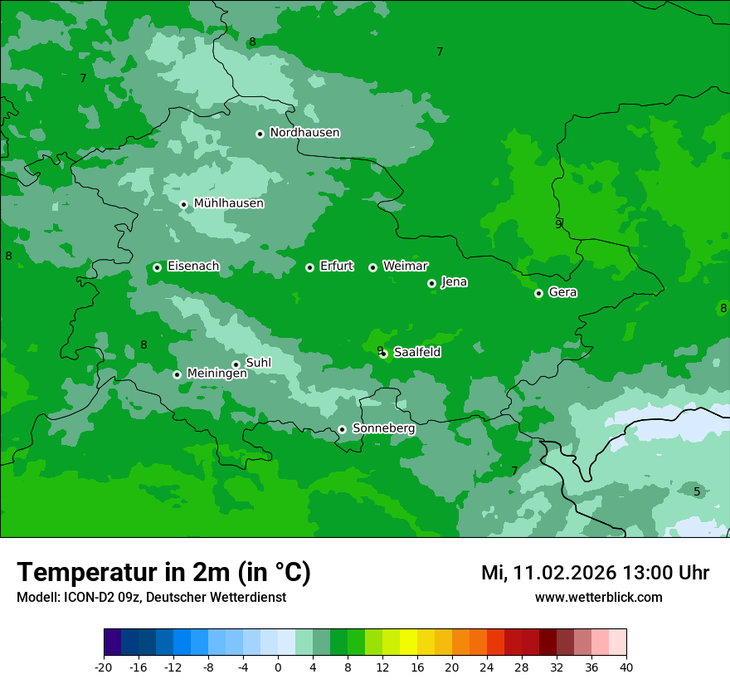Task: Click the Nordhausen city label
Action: click(x=304, y=133)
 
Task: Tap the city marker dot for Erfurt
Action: click(x=309, y=267)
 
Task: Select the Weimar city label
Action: click(x=405, y=266)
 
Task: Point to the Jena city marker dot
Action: click(x=431, y=283)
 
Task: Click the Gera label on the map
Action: click(x=562, y=292)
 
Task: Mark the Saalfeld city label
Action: click(x=416, y=353)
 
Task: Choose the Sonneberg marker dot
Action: click(x=342, y=429)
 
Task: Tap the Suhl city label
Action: click(x=259, y=364)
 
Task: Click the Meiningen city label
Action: click(x=217, y=374)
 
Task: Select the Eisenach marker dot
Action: click(x=157, y=267)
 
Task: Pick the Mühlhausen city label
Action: click(x=228, y=203)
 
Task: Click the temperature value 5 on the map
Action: click(x=697, y=491)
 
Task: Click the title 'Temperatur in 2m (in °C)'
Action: click(x=163, y=573)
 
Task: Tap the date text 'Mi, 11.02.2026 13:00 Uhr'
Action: click(x=595, y=573)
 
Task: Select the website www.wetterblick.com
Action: click(x=598, y=598)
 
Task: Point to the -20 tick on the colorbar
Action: click(x=104, y=667)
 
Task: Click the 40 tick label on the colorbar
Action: click(x=625, y=667)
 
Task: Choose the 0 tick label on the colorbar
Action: click(x=278, y=667)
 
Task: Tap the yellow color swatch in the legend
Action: click(x=408, y=643)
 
